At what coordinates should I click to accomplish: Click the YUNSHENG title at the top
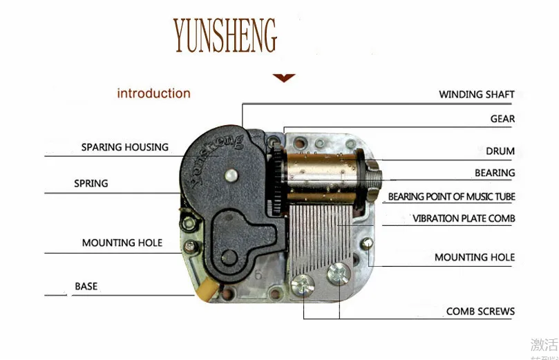[x=225, y=35]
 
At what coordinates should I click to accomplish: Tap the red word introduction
[x=153, y=93]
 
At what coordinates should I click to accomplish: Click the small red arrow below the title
[x=283, y=78]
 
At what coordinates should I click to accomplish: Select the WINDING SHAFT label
[x=477, y=95]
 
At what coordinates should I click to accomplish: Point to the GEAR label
[x=502, y=119]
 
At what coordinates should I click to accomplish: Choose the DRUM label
[x=500, y=151]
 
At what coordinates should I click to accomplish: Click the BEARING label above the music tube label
[x=495, y=173]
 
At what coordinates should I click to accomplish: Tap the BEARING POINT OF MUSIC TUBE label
[x=451, y=197]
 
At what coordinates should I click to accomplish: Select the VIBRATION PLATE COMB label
[x=464, y=218]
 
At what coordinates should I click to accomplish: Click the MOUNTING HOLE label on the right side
[x=475, y=257]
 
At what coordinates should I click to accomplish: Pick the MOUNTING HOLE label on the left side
[x=122, y=243]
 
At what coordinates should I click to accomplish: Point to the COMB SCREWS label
[x=480, y=312]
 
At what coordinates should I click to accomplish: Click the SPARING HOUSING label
[x=125, y=147]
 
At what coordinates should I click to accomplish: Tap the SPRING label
[x=91, y=184]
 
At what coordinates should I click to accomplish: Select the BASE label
[x=86, y=286]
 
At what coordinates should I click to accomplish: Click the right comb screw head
[x=339, y=273]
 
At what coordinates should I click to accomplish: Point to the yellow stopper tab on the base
[x=205, y=292]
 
